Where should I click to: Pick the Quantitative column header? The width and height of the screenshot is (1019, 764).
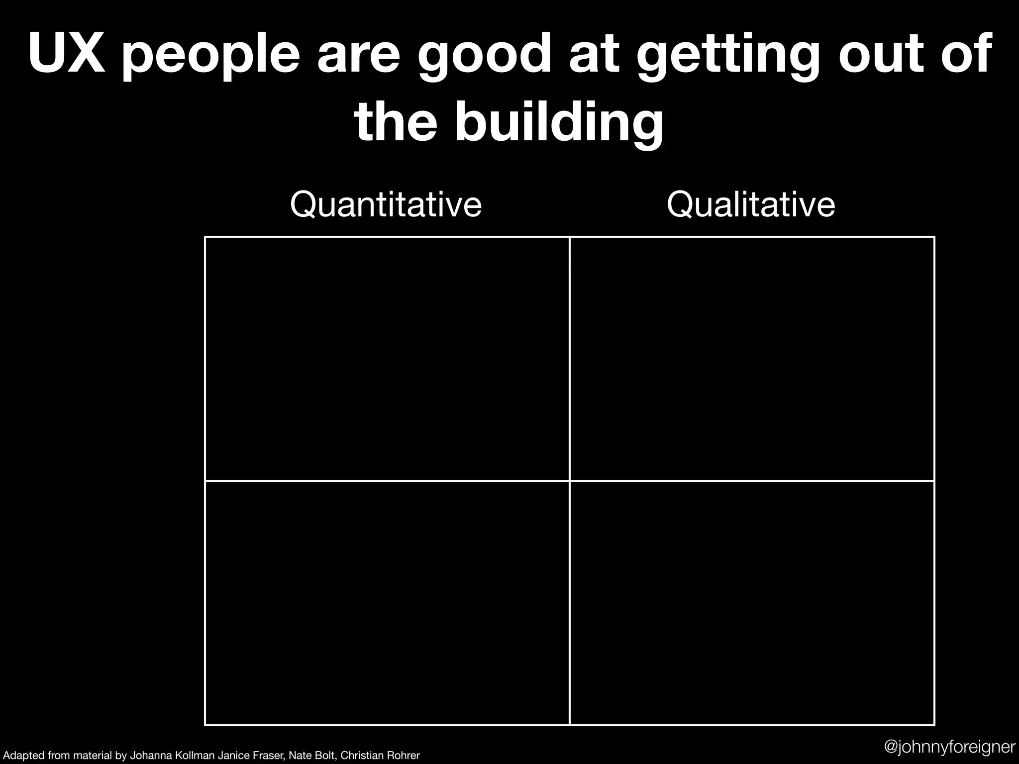click(x=386, y=204)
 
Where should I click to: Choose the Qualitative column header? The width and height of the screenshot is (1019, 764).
click(x=751, y=204)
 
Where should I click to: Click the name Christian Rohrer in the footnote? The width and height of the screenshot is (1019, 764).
click(x=380, y=756)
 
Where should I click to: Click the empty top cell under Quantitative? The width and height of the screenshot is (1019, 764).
click(x=387, y=359)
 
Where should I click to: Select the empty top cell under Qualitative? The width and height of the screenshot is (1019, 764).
click(x=752, y=359)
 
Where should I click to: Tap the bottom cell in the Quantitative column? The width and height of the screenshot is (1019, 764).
click(x=387, y=603)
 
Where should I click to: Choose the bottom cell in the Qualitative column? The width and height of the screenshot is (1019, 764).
click(x=752, y=603)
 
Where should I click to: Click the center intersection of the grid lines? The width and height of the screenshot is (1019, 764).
click(x=569, y=481)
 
